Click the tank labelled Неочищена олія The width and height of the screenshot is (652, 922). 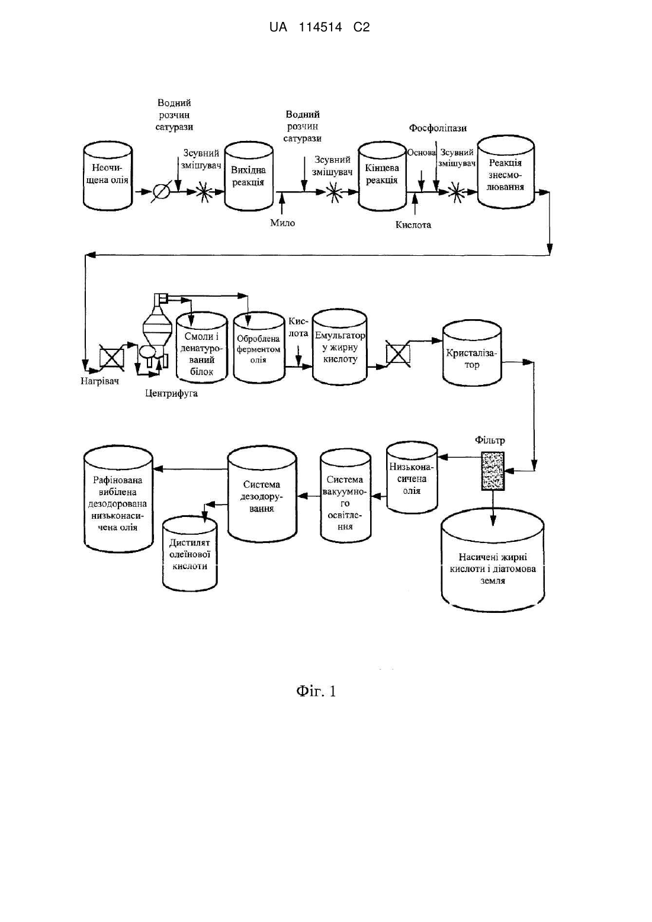pyautogui.click(x=107, y=176)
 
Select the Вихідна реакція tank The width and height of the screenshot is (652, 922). pyautogui.click(x=249, y=176)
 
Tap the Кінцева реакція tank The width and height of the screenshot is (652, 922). pyautogui.click(x=383, y=176)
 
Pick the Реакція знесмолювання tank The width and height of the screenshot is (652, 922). pyautogui.click(x=506, y=172)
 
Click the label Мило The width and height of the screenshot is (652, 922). pyautogui.click(x=282, y=223)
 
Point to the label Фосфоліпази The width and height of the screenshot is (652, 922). pyautogui.click(x=438, y=128)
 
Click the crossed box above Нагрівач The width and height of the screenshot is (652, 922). pyautogui.click(x=112, y=356)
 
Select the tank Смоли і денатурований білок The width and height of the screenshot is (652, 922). pyautogui.click(x=202, y=348)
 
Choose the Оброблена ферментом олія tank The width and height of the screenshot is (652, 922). pyautogui.click(x=259, y=348)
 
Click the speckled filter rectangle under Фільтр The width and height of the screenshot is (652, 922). pyautogui.click(x=493, y=471)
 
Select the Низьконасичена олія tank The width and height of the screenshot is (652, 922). pyautogui.click(x=412, y=478)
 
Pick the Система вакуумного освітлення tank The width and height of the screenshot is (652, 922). pyautogui.click(x=345, y=496)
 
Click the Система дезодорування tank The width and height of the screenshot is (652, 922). pyautogui.click(x=262, y=496)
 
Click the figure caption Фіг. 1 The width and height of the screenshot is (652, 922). pyautogui.click(x=316, y=691)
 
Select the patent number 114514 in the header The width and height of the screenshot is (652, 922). pyautogui.click(x=320, y=27)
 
